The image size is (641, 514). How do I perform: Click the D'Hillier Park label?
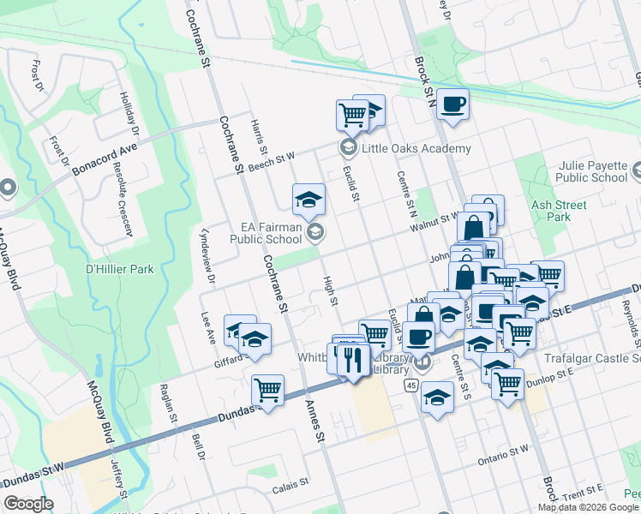(x=119, y=269)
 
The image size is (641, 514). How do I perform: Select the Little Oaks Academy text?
(x=416, y=148)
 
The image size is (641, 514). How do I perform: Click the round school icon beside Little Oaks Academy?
(x=348, y=147)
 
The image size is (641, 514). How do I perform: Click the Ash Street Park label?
(x=558, y=211)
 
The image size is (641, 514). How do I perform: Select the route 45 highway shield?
(x=411, y=385)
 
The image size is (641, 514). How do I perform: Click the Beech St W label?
(x=272, y=159)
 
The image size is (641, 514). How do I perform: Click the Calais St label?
(x=292, y=486)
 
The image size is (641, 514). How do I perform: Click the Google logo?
(x=28, y=504)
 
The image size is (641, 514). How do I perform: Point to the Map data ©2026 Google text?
(x=588, y=507)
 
